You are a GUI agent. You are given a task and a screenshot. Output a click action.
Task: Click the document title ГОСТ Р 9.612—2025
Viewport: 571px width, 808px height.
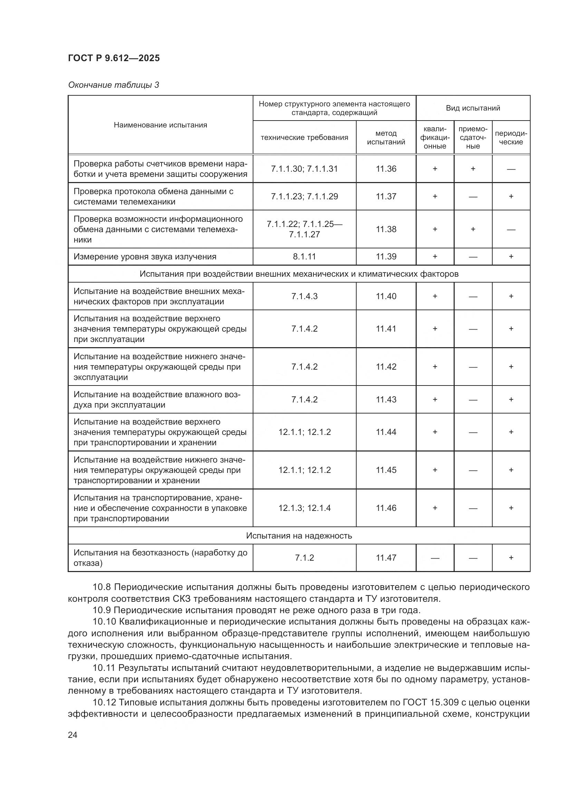pyautogui.click(x=114, y=58)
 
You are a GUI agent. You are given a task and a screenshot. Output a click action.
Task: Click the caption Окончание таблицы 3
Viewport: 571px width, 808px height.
pyautogui.click(x=114, y=85)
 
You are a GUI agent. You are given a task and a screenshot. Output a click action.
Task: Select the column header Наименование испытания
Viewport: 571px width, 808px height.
pyautogui.click(x=160, y=125)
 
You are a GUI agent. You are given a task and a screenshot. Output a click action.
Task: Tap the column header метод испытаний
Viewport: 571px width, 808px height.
pyautogui.click(x=386, y=137)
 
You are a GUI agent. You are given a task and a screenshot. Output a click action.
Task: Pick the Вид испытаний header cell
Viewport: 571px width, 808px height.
pyautogui.click(x=473, y=108)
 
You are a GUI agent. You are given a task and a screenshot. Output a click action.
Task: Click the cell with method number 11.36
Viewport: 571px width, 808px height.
pyautogui.click(x=386, y=169)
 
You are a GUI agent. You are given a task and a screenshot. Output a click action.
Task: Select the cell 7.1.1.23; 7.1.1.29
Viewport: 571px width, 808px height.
pyautogui.click(x=304, y=196)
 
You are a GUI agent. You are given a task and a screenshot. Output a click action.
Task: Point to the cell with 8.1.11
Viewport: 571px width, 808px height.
pyautogui.click(x=304, y=257)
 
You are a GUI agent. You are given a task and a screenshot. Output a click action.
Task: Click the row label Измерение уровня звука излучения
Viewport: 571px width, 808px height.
pyautogui.click(x=145, y=257)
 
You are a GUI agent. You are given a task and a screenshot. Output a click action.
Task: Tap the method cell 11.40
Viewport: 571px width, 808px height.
pyautogui.click(x=386, y=296)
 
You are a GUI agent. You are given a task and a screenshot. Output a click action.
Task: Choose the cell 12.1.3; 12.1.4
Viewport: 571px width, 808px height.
pyautogui.click(x=304, y=508)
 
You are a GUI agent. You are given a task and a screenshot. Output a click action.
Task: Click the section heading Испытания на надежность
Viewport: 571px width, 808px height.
pyautogui.click(x=299, y=536)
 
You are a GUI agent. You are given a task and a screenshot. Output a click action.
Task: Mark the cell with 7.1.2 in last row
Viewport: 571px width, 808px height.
pyautogui.click(x=304, y=558)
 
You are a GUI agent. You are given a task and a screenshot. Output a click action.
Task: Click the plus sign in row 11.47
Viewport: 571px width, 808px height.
pyautogui.click(x=511, y=558)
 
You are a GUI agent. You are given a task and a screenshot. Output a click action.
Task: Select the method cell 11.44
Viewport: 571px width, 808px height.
pyautogui.click(x=386, y=432)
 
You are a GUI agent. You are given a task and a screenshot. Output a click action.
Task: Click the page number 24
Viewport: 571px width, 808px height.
pyautogui.click(x=72, y=735)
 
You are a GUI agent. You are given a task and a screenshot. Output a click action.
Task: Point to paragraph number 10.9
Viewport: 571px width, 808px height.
pyautogui.click(x=102, y=610)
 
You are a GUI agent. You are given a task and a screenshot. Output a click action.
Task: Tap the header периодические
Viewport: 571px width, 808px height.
pyautogui.click(x=511, y=137)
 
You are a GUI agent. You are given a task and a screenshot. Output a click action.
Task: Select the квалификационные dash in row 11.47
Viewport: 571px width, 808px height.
pyautogui.click(x=435, y=558)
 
